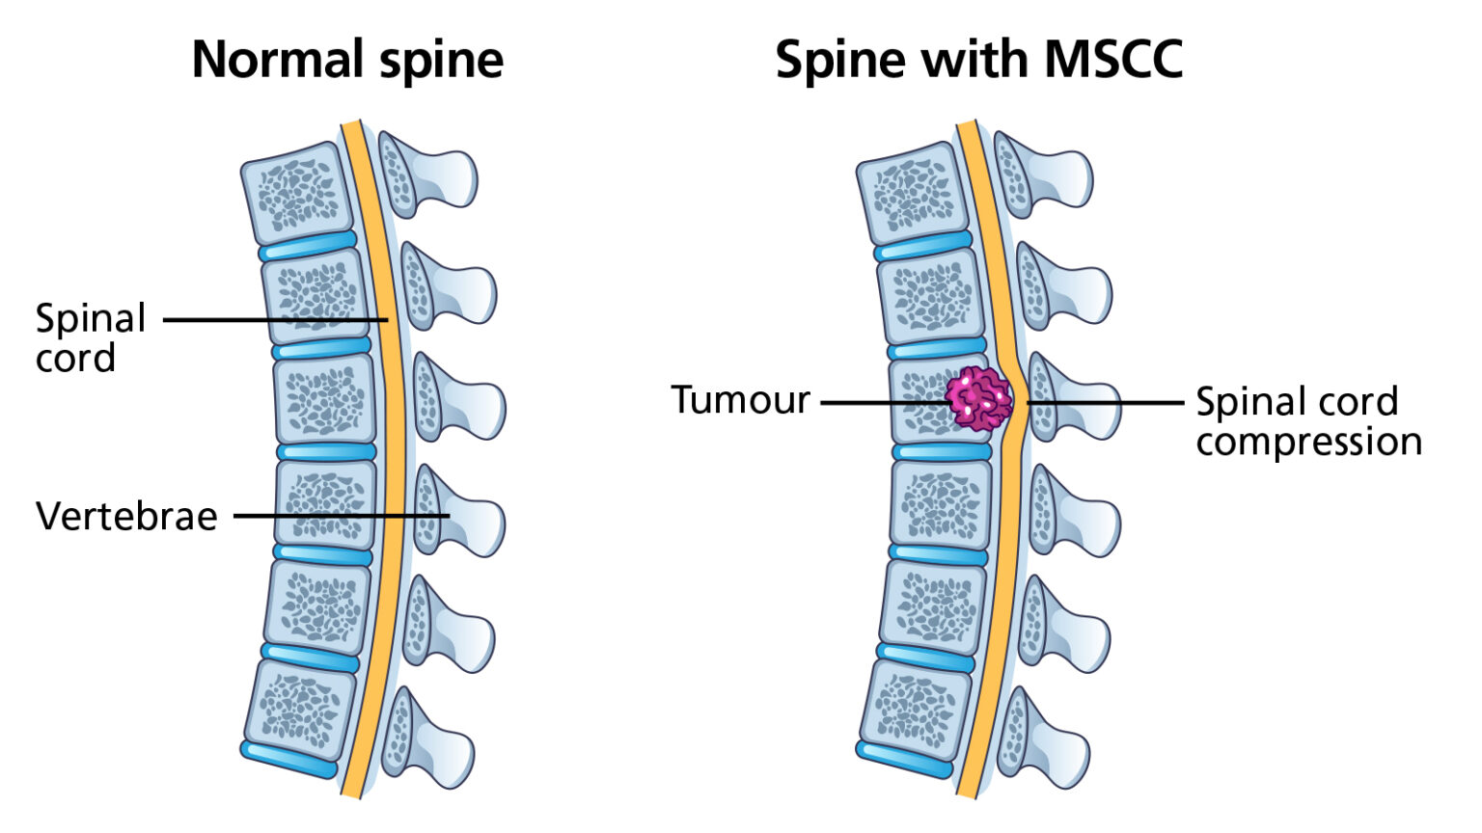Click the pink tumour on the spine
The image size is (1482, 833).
(978, 398)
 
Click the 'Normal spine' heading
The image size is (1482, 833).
(347, 60)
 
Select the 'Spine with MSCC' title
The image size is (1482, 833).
(978, 60)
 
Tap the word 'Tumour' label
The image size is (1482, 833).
(740, 400)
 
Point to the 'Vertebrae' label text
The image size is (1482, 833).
(126, 517)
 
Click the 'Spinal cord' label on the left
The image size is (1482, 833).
(89, 337)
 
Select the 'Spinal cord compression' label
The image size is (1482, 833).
(1307, 421)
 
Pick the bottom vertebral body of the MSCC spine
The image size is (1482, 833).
(915, 707)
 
